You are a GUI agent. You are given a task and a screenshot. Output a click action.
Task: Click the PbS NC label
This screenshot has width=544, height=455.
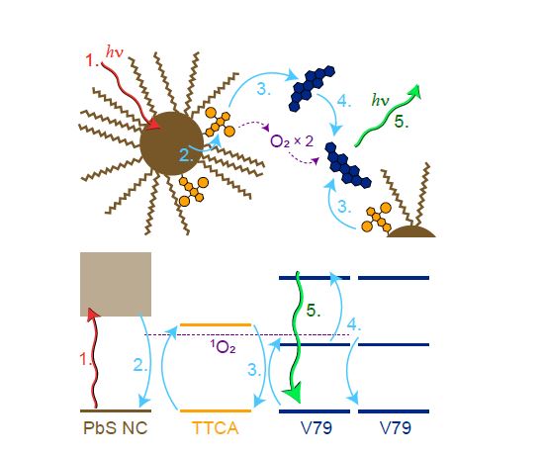tap(115, 427)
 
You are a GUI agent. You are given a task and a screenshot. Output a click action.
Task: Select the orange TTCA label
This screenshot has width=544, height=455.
tap(216, 427)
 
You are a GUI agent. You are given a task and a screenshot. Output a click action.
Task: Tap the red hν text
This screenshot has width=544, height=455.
tap(115, 52)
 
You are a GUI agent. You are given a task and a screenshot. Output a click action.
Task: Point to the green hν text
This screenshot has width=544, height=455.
tap(380, 100)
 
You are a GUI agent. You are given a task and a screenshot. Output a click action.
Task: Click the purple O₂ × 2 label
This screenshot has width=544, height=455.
tap(292, 141)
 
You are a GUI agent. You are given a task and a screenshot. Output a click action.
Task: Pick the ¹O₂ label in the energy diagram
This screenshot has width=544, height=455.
tap(224, 346)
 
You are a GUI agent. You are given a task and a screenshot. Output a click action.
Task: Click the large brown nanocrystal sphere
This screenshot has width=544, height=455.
tap(171, 143)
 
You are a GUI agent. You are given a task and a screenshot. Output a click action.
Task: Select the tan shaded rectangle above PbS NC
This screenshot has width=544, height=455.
tap(116, 284)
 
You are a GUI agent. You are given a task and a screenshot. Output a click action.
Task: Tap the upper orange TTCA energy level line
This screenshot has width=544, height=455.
tap(216, 325)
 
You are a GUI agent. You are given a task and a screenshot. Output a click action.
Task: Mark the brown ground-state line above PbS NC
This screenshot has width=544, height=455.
tap(116, 410)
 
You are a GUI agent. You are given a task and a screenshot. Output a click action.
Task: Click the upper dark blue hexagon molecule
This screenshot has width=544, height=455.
tap(312, 88)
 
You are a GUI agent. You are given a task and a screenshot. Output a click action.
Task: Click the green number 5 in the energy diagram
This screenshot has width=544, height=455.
tap(313, 311)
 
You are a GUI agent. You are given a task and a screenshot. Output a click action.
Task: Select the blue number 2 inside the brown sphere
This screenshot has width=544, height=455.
tap(186, 155)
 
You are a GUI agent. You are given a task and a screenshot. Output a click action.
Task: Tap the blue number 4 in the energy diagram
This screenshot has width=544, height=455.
tap(354, 324)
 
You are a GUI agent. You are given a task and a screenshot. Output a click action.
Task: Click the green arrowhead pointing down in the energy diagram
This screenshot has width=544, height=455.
tap(293, 393)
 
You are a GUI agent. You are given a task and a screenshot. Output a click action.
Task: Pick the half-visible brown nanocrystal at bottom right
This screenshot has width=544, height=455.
tap(411, 231)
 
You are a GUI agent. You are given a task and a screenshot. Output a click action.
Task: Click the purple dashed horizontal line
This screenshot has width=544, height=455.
tap(246, 335)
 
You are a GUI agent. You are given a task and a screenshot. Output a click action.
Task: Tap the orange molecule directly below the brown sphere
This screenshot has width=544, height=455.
tap(193, 192)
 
